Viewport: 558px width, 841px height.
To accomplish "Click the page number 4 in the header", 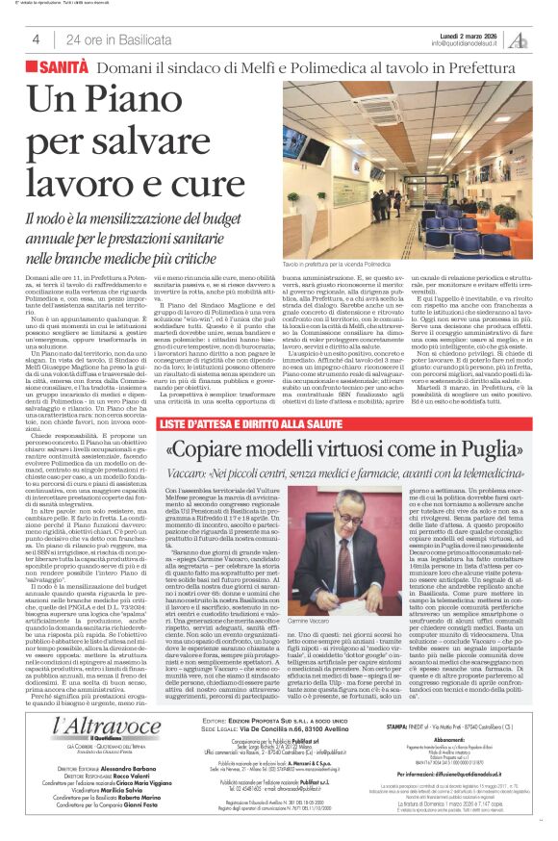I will point(36,39).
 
